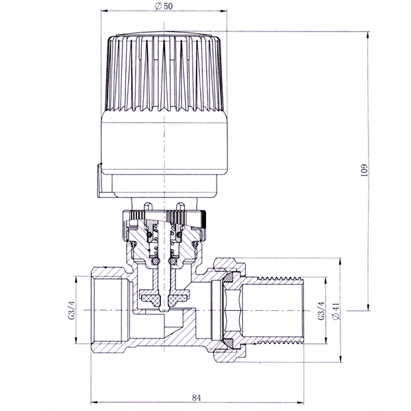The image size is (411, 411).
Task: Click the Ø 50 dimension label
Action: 164,6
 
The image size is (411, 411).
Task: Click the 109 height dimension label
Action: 364,170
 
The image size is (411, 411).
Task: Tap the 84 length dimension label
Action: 197,398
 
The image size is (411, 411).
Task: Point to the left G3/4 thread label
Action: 71,310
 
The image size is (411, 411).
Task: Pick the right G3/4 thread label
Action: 321,311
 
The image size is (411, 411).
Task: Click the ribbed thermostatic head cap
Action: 164,72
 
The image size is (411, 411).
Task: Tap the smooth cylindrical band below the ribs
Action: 164,143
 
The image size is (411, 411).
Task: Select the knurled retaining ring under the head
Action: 164,218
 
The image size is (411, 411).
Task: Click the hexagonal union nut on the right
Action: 230,310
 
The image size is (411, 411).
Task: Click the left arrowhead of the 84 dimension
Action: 94,402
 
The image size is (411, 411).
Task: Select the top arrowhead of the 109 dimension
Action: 368,35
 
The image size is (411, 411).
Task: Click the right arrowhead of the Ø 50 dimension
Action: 224,11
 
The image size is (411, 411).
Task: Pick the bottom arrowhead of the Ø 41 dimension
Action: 340,358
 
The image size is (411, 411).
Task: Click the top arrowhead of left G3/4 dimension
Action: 75,280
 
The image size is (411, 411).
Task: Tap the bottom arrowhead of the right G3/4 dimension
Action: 326,340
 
